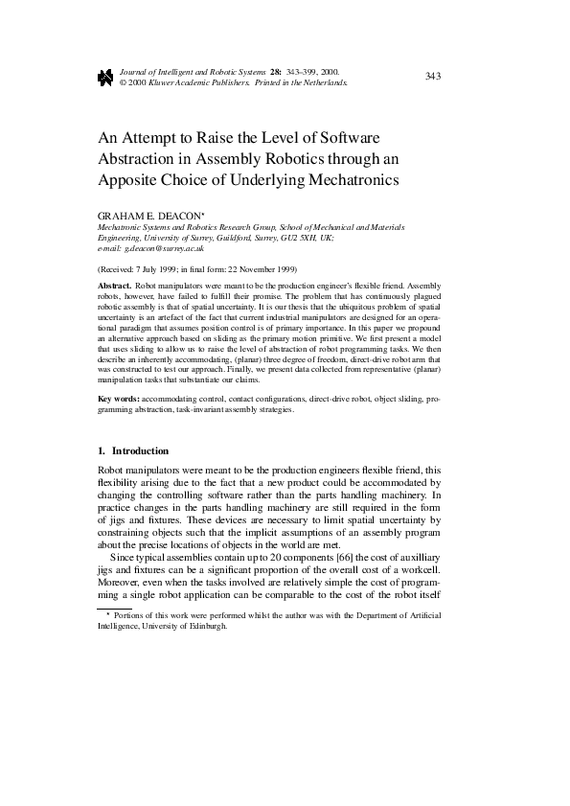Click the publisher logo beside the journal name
coord(105,78)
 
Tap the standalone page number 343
coord(432,76)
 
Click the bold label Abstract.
coord(115,287)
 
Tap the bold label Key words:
coord(119,398)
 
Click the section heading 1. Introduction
coord(134,450)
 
